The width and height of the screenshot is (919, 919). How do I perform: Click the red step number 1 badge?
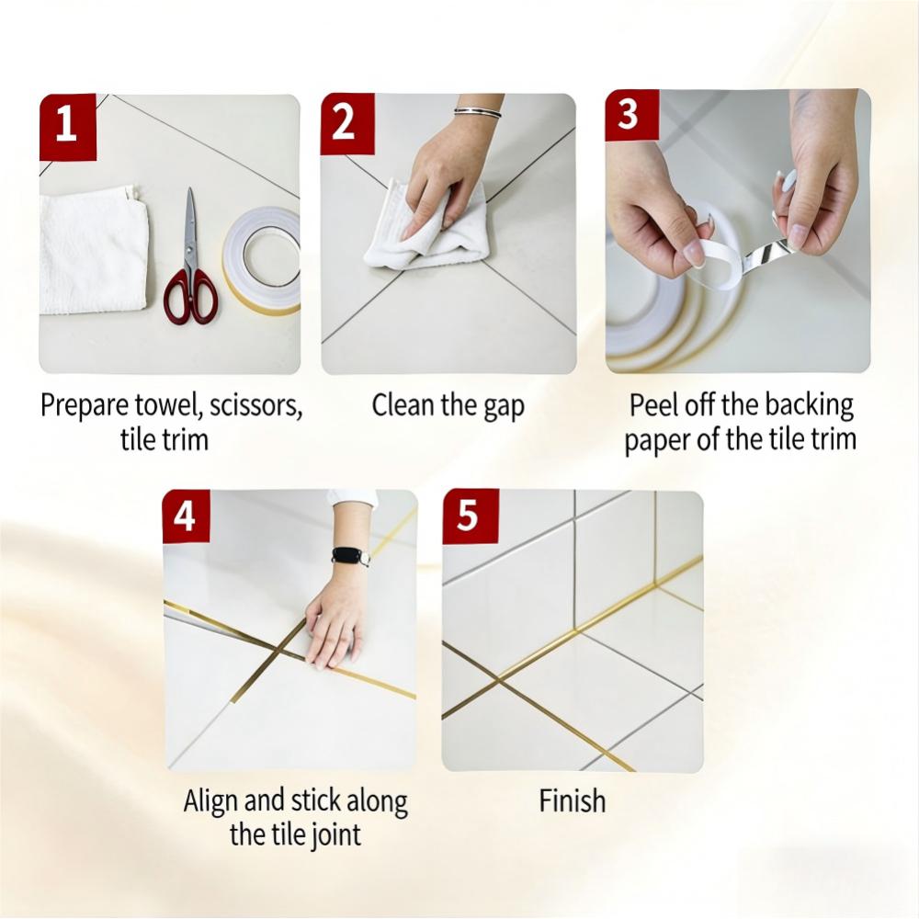tap(67, 124)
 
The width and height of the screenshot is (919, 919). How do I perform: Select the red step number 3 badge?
tap(630, 117)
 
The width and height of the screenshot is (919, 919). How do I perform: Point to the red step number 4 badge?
tap(187, 516)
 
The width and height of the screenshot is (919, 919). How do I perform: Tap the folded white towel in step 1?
tap(92, 250)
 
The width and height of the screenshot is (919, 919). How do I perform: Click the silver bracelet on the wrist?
tap(478, 112)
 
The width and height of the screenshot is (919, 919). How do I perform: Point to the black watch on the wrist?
tap(351, 555)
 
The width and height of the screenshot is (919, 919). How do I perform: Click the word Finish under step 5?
tap(572, 801)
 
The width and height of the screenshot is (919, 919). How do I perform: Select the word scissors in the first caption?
tap(255, 406)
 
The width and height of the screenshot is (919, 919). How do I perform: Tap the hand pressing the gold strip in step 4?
tap(335, 625)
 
